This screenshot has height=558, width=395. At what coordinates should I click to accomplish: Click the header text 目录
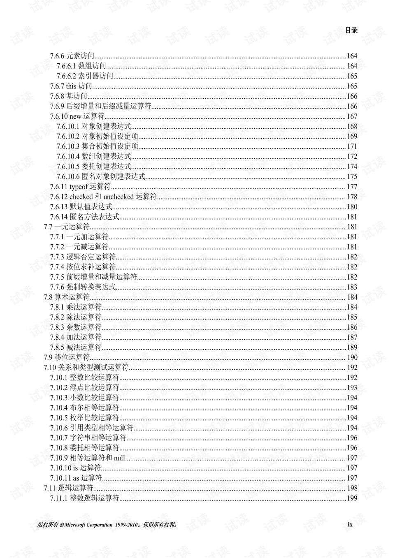pyautogui.click(x=351, y=30)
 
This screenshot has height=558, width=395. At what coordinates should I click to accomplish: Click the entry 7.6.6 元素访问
pyautogui.click(x=72, y=56)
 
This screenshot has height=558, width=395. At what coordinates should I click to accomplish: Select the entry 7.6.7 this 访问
pyautogui.click(x=71, y=86)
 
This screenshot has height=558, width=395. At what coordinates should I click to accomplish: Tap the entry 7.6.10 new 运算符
pyautogui.click(x=77, y=116)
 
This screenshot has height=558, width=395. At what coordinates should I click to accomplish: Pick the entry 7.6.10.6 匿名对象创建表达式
pyautogui.click(x=101, y=176)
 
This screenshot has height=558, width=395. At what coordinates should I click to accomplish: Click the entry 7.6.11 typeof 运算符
pyautogui.click(x=80, y=187)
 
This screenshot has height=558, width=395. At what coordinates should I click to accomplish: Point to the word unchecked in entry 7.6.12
pyautogui.click(x=118, y=197)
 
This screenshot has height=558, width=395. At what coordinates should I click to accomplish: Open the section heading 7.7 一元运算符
pyautogui.click(x=67, y=227)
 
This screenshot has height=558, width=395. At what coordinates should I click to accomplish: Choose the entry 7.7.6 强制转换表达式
pyautogui.click(x=83, y=287)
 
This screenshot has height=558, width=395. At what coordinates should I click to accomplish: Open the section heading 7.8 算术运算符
pyautogui.click(x=67, y=297)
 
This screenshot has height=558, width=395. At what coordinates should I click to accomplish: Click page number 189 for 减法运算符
pyautogui.click(x=352, y=347)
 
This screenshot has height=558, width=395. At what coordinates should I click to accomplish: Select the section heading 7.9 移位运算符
pyautogui.click(x=67, y=357)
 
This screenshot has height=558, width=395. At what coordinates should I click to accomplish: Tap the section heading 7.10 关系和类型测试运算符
pyautogui.click(x=86, y=367)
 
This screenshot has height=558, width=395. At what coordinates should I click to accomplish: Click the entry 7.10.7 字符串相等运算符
pyautogui.click(x=88, y=438)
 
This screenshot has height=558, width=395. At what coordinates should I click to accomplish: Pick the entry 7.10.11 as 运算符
pyautogui.click(x=76, y=478)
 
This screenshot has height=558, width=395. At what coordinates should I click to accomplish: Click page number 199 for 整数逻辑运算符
pyautogui.click(x=352, y=498)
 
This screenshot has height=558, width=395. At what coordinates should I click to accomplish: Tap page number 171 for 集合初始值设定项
pyautogui.click(x=352, y=146)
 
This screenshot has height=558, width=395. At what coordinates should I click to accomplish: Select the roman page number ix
pyautogui.click(x=350, y=524)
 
